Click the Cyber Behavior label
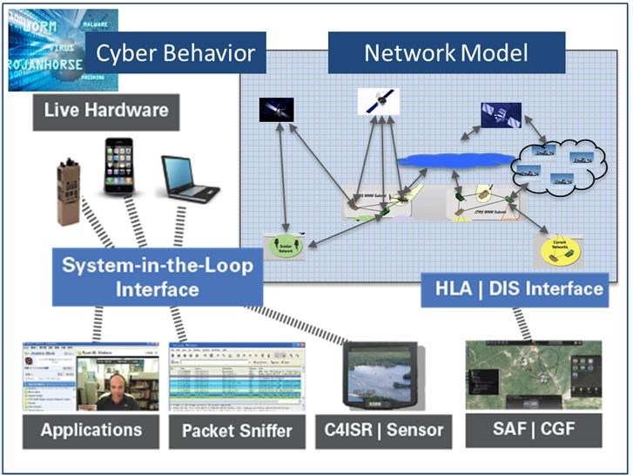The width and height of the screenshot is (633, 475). click(x=175, y=53)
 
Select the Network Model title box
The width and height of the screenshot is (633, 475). click(x=446, y=53)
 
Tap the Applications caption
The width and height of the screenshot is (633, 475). click(x=91, y=430)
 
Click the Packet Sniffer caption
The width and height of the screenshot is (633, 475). click(x=235, y=431)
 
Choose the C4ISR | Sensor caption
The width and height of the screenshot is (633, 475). click(x=389, y=429)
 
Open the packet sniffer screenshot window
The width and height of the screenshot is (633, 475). click(x=236, y=376)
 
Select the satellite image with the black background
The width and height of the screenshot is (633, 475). click(x=277, y=109)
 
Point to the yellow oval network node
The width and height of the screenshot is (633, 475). click(x=555, y=248)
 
